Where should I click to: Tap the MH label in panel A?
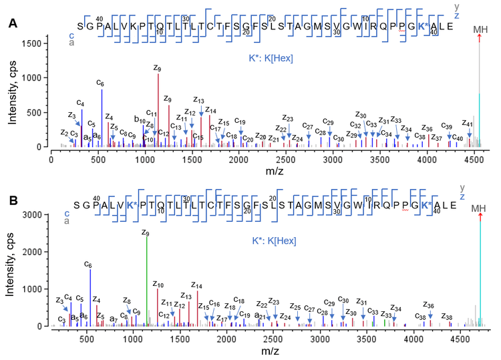click(480, 29)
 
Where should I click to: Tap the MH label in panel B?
click(479, 209)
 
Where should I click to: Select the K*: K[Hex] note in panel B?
click(270, 240)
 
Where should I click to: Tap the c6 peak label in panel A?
click(100, 83)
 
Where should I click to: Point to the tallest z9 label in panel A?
click(158, 67)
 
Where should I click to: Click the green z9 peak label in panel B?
click(145, 232)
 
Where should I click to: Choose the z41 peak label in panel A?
click(468, 124)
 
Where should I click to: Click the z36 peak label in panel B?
click(429, 305)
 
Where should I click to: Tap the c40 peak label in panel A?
click(458, 138)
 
